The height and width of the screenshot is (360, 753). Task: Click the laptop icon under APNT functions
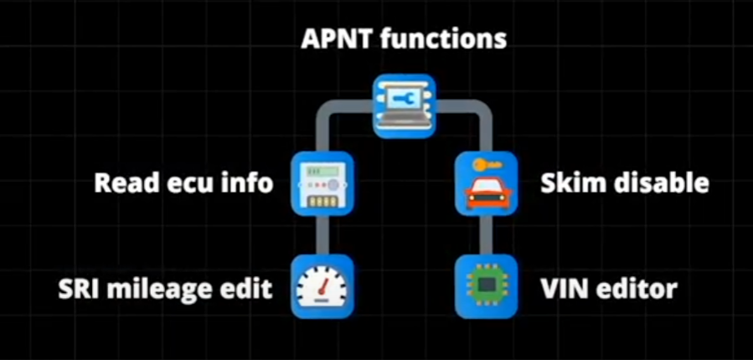pyautogui.click(x=405, y=105)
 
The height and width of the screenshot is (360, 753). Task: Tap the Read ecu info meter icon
pyautogui.click(x=322, y=183)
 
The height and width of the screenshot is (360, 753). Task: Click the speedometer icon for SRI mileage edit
pyautogui.click(x=322, y=287)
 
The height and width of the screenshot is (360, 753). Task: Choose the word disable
pyautogui.click(x=657, y=183)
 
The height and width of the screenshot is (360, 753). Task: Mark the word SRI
pyautogui.click(x=78, y=290)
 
